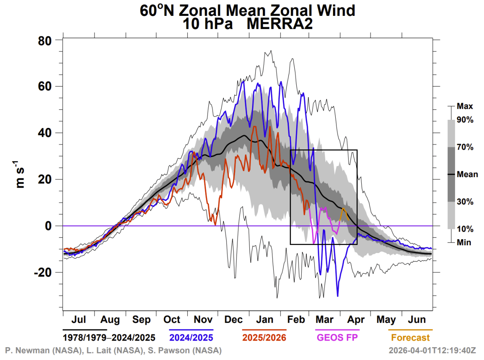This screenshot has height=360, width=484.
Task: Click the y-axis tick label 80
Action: pos(46,40)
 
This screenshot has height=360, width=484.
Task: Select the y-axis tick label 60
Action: pos(46,87)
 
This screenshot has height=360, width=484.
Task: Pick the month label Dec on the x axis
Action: pos(233,320)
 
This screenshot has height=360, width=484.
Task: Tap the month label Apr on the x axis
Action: pos(356,320)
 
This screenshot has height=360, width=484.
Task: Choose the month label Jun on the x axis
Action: pos(417,320)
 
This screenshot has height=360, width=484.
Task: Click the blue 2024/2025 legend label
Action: pos(191,338)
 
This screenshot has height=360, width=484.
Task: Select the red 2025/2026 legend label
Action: pos(264,338)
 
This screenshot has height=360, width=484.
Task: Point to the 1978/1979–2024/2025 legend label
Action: pos(109,338)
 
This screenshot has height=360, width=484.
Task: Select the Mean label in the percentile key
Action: pos(467,174)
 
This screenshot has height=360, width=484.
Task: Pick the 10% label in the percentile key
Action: pos(465,229)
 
